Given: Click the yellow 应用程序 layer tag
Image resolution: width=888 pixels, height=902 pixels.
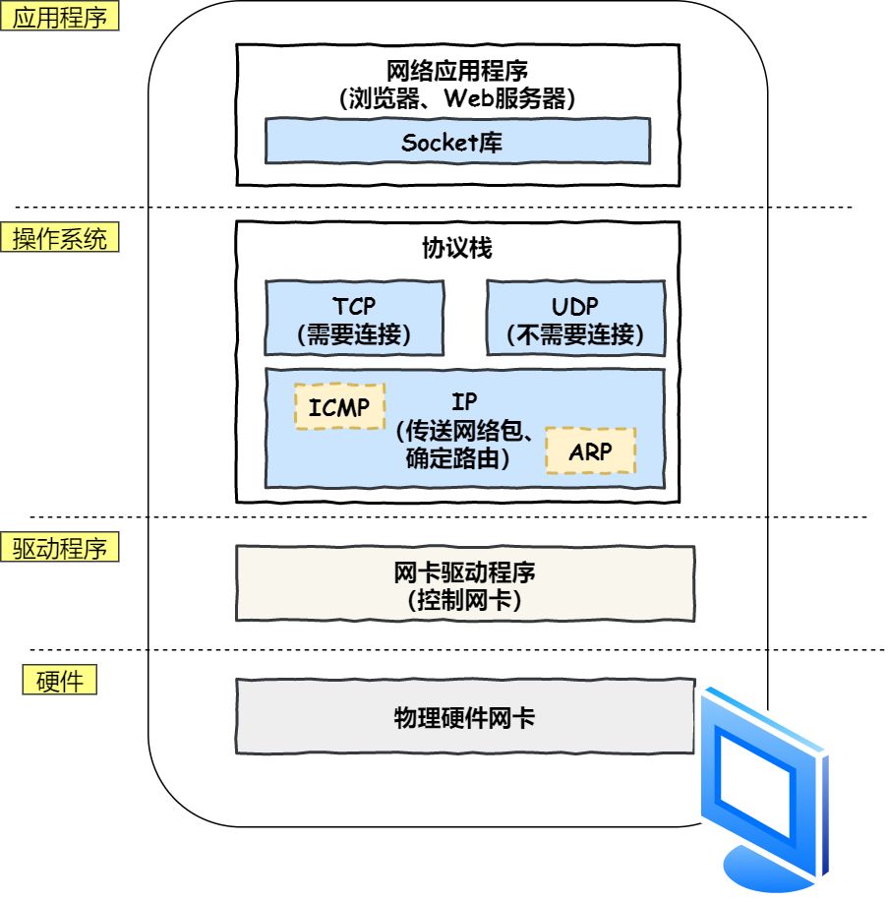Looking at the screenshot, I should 66,18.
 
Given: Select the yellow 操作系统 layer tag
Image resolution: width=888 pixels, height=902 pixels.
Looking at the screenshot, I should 66,239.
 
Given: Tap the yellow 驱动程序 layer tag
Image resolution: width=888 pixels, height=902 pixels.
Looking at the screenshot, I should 66,548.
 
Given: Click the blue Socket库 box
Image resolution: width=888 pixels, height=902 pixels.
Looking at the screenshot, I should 457,142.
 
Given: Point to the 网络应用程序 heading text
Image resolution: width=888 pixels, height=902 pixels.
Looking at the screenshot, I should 457,72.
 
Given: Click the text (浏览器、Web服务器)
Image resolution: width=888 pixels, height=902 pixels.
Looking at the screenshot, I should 457,98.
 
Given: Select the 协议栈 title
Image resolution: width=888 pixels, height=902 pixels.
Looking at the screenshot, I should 457,249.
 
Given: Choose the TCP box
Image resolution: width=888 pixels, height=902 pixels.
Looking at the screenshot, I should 353,317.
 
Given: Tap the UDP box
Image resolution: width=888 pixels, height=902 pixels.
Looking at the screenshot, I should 575,317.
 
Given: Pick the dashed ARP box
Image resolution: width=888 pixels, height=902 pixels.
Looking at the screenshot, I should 590,451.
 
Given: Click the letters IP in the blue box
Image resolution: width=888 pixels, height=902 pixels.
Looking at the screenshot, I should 464,401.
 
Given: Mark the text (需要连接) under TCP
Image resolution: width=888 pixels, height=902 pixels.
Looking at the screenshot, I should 353,335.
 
